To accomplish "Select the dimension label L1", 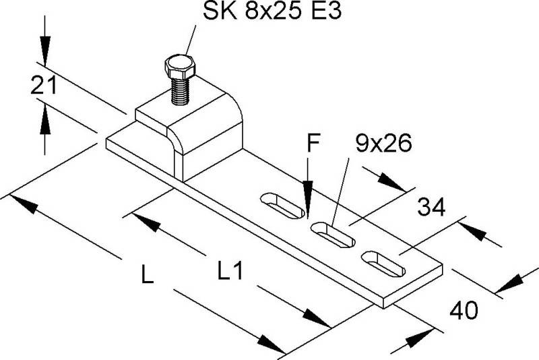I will click(x=230, y=272).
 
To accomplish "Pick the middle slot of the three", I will click(x=333, y=233).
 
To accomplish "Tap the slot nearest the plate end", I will click(x=385, y=262).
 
